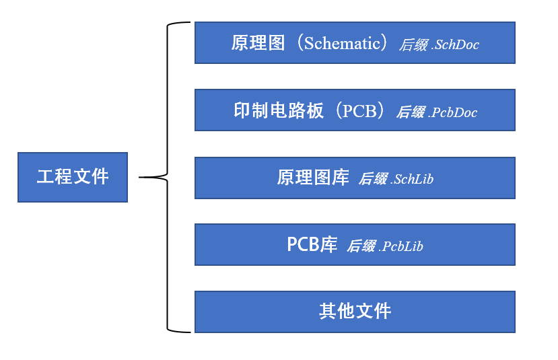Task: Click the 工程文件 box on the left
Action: tap(72, 177)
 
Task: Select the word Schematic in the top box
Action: tap(342, 44)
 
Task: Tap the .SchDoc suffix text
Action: tap(455, 45)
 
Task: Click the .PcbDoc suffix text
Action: tap(453, 112)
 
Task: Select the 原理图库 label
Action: tap(313, 178)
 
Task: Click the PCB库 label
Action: tap(312, 245)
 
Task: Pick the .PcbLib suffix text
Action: tap(401, 246)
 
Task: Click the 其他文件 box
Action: tap(355, 312)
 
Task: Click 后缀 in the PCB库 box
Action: tap(361, 246)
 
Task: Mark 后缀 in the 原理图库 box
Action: tap(373, 179)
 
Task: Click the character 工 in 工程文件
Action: tap(45, 177)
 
